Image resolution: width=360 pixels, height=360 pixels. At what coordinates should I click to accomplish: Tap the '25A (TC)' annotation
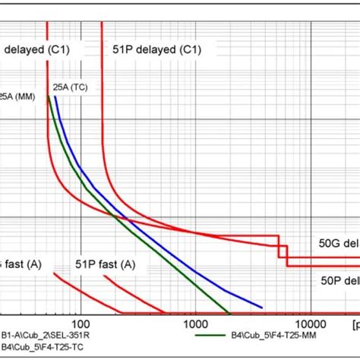[70, 87]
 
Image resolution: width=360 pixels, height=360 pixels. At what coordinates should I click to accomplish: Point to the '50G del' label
[338, 244]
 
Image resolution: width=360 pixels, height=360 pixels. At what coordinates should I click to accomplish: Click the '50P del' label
[338, 279]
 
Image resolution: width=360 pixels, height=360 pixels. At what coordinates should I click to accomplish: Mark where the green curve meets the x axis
[229, 312]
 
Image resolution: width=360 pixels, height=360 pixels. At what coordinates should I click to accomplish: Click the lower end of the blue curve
[263, 312]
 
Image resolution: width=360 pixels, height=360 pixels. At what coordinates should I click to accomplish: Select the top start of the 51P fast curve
[104, 276]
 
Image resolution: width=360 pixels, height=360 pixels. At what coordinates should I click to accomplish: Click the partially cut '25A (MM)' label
[15, 96]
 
